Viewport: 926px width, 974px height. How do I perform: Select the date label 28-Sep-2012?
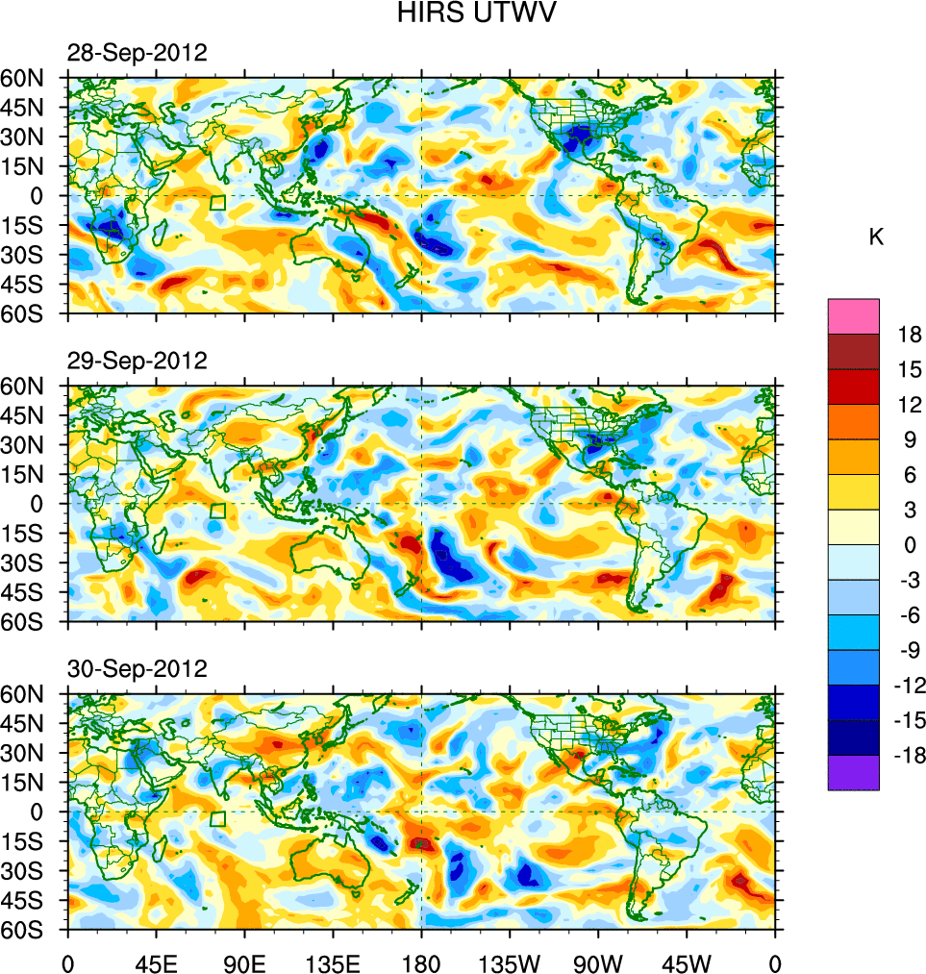click(137, 54)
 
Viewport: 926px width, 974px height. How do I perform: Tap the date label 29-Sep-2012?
click(137, 362)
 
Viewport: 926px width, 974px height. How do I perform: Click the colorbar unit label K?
click(876, 237)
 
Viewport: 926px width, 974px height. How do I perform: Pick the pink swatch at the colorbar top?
click(853, 315)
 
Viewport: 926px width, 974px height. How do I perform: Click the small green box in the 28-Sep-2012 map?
click(217, 202)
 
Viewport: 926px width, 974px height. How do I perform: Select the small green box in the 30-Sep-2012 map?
click(217, 818)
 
